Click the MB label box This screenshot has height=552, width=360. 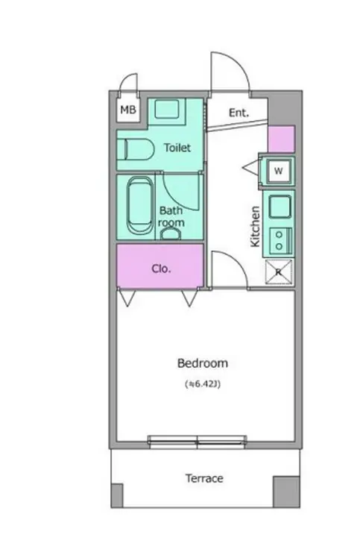click(127, 110)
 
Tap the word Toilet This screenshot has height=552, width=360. click(177, 148)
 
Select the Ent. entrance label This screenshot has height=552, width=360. click(239, 113)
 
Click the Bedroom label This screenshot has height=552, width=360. click(202, 363)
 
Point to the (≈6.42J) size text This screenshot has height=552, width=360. click(203, 383)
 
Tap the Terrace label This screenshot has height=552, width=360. click(204, 478)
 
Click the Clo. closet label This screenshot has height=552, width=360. click(161, 269)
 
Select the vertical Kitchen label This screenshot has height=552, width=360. click(255, 226)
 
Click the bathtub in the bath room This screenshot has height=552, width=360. click(139, 206)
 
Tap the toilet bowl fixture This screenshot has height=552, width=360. click(136, 149)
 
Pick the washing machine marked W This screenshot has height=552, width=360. click(278, 171)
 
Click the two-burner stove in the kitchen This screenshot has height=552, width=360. click(280, 240)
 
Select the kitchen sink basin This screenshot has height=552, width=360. click(280, 207)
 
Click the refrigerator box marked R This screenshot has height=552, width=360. click(278, 272)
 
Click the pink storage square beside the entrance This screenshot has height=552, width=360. click(281, 139)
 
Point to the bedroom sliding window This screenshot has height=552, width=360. click(197, 442)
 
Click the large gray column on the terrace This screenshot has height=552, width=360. click(286, 492)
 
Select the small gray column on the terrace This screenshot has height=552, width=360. click(117, 495)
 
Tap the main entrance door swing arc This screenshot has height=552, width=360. click(239, 63)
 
